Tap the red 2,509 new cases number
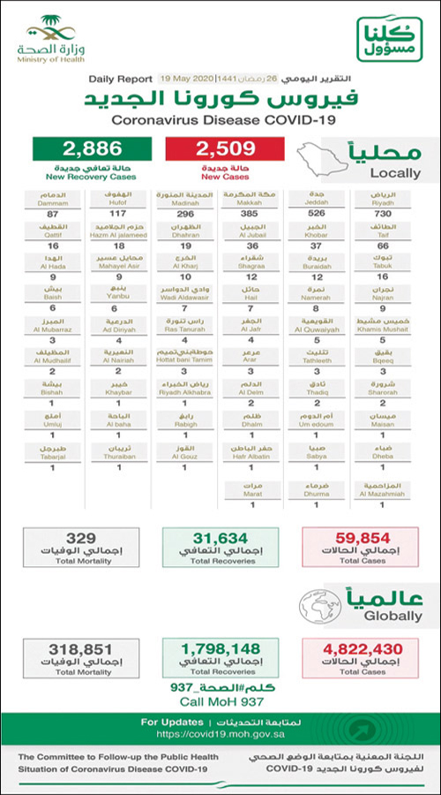228,149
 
